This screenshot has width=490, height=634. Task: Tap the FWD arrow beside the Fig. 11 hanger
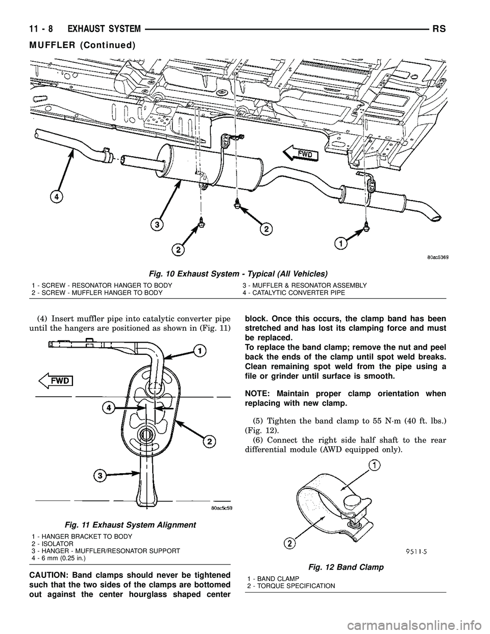click(56, 380)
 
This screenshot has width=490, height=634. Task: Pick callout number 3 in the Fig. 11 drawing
click(100, 476)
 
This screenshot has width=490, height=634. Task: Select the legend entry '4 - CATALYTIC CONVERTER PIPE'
click(293, 292)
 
